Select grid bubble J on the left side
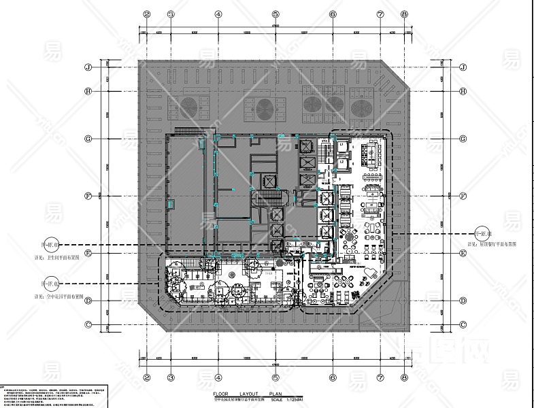click(x=88, y=67)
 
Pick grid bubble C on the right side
click(x=462, y=324)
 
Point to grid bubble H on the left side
click(x=88, y=92)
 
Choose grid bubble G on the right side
click(x=462, y=139)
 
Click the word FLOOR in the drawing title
click(x=221, y=393)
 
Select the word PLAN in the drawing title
click(x=276, y=393)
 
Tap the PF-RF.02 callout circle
click(x=51, y=284)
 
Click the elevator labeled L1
click(x=341, y=146)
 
